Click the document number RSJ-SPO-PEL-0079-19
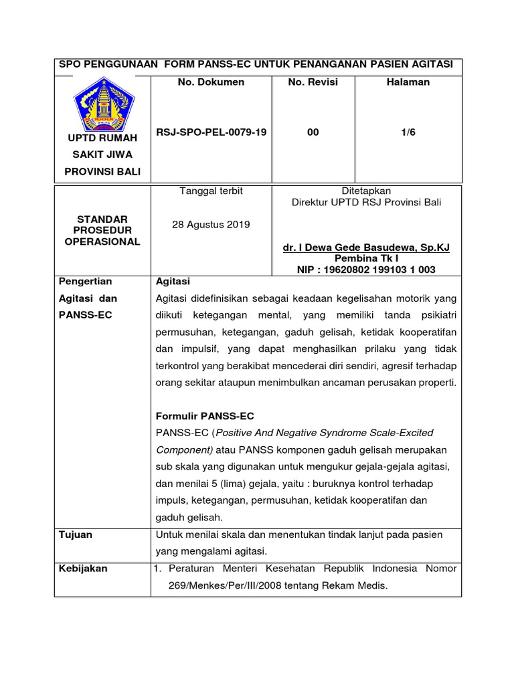(211, 132)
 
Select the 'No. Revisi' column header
(313, 82)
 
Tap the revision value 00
(313, 132)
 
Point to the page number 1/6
(408, 132)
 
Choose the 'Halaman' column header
(408, 82)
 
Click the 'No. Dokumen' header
(211, 82)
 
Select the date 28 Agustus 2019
(211, 224)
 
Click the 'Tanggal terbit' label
(211, 191)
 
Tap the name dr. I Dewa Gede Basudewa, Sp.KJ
(366, 248)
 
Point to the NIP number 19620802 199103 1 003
(366, 269)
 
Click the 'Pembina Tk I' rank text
(366, 258)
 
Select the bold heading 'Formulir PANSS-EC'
(205, 415)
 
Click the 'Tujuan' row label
(75, 535)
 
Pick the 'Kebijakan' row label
(83, 569)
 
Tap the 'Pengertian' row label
(85, 282)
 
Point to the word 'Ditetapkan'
(366, 191)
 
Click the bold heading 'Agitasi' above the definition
(173, 282)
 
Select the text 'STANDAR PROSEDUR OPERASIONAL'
(102, 230)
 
